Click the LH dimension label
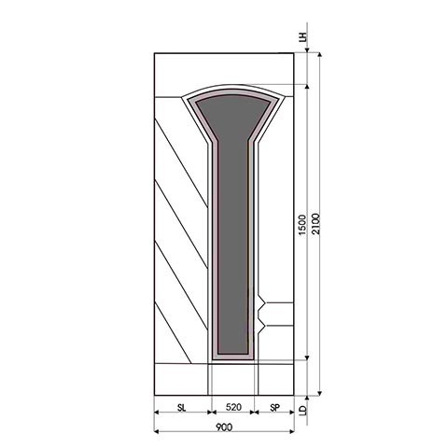pyautogui.click(x=302, y=38)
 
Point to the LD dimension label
pyautogui.click(x=302, y=408)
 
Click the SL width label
pyautogui.click(x=181, y=409)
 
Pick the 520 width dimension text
pyautogui.click(x=233, y=409)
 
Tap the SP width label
pyautogui.click(x=275, y=409)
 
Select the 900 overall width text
pyautogui.click(x=224, y=427)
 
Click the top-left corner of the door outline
pyautogui.click(x=154, y=54)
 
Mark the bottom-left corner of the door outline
pyautogui.click(x=154, y=393)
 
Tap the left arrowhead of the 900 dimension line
pyautogui.click(x=157, y=431)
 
